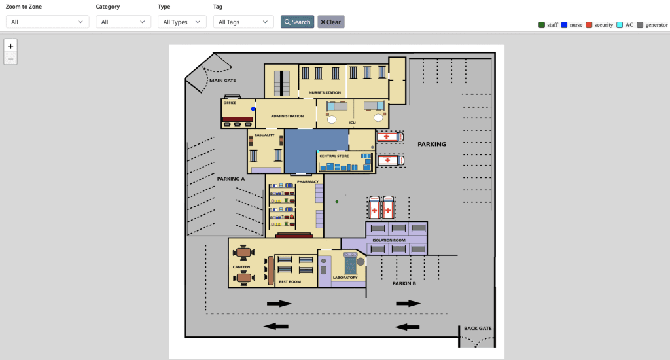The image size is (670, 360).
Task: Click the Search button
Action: point(297,22)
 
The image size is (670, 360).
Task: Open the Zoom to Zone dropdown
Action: point(47,22)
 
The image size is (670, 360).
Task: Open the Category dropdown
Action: point(123,22)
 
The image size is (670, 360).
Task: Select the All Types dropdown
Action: point(182,22)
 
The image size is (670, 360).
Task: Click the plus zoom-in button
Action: point(10,46)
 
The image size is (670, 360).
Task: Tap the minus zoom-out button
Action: point(10,59)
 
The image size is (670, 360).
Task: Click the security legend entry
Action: point(599,25)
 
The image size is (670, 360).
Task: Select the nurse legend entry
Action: point(571,25)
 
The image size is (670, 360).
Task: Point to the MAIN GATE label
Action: point(222,81)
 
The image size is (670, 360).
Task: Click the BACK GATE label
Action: point(478,328)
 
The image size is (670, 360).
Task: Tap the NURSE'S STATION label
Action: point(325,93)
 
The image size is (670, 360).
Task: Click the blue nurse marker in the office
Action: point(253,109)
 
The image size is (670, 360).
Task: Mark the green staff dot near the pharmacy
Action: point(337,201)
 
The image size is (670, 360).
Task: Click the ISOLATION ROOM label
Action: point(389,240)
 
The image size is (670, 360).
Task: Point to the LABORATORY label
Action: point(345,278)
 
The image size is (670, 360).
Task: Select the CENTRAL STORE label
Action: point(334,156)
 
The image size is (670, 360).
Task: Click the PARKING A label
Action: point(231,178)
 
